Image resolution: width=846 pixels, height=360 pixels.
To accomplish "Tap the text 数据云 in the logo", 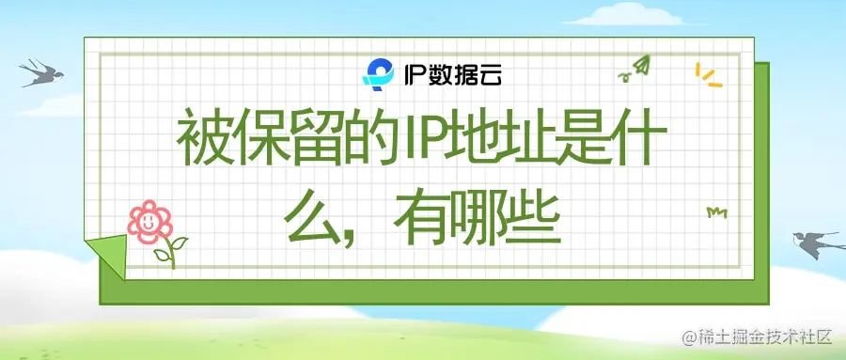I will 466,74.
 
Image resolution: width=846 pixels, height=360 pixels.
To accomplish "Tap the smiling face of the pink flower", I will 149,221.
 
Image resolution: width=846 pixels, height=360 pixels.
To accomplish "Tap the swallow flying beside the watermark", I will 812,243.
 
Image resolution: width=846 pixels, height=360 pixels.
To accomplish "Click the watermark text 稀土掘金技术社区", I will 765,337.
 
